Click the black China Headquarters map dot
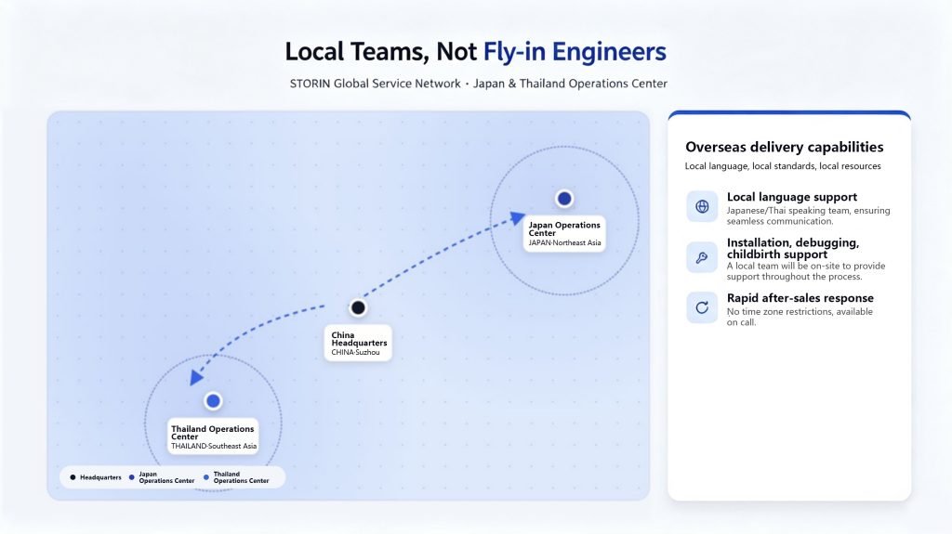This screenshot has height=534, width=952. [358, 307]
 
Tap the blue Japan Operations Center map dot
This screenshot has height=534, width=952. [564, 199]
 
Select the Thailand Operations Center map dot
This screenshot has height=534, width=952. [213, 401]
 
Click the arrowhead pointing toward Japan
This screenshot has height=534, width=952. [517, 218]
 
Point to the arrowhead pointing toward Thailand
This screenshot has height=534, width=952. [195, 377]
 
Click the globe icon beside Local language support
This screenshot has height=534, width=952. [702, 206]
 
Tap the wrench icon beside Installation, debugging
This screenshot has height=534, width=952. [702, 257]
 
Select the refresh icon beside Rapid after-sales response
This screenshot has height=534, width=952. [702, 307]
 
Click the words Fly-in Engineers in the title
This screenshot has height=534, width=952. [575, 52]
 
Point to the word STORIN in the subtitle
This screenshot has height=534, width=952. [310, 84]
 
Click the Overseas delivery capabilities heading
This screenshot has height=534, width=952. [785, 147]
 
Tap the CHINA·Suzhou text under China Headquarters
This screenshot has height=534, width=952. [355, 353]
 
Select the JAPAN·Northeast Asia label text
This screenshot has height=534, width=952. [564, 242]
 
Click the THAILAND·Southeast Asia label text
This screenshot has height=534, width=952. [214, 446]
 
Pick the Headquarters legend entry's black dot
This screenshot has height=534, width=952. [73, 477]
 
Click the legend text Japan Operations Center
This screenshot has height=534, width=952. [166, 477]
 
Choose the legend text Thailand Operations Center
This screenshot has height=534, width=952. [241, 477]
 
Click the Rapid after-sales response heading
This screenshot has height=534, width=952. [800, 298]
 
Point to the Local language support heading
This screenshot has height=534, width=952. [792, 197]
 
